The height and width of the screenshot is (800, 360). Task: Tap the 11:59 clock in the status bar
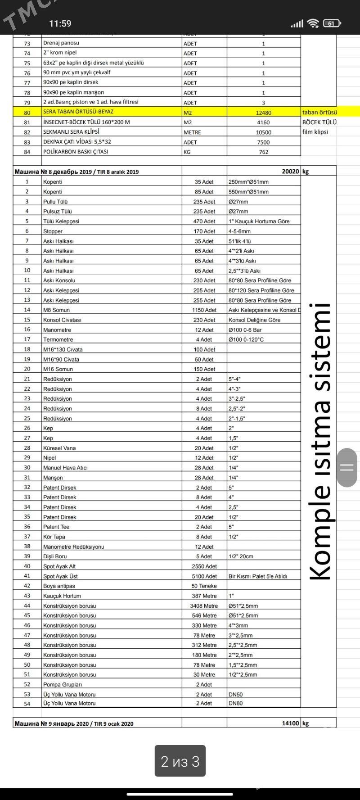tap(60, 23)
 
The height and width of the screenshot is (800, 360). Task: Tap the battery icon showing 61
tap(332, 23)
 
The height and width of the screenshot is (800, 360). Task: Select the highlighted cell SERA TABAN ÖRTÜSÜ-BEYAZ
tap(78, 112)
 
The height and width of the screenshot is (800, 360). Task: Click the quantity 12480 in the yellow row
tap(263, 113)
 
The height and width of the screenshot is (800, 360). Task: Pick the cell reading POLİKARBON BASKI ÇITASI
tap(76, 152)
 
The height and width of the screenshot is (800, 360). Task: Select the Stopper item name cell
tap(53, 231)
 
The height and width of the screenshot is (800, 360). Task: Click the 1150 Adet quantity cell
tap(204, 310)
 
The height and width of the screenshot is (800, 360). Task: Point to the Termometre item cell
tap(58, 339)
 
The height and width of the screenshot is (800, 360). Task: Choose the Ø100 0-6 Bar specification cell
tap(245, 330)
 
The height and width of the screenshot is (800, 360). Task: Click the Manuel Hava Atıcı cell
tap(65, 468)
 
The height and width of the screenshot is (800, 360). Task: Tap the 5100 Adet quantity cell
tap(204, 576)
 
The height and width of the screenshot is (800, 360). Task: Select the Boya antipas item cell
tap(59, 586)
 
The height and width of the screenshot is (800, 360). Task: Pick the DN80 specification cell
tap(235, 703)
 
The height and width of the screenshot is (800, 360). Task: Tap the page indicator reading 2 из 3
tap(180, 761)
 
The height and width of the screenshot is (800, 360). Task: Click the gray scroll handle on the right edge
tap(346, 467)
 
